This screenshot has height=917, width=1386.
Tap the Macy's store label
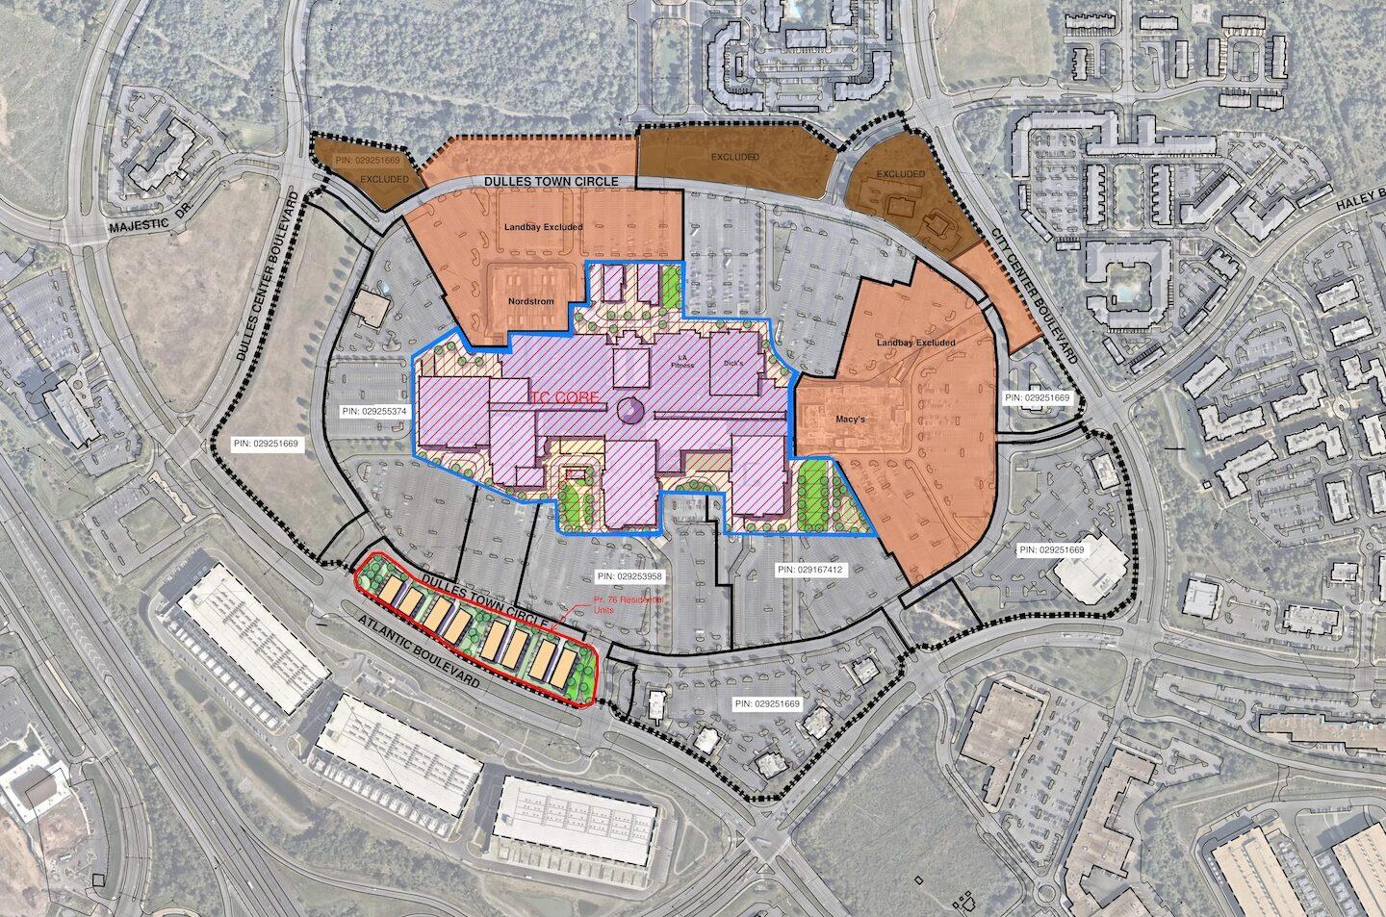(833, 420)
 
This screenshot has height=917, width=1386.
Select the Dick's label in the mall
(734, 364)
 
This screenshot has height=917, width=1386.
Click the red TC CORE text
(564, 396)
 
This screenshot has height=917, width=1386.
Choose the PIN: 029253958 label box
(631, 576)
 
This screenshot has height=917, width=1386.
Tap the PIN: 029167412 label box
(809, 570)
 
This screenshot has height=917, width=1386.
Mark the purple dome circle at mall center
(629, 409)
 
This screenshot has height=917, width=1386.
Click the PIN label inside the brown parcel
(369, 160)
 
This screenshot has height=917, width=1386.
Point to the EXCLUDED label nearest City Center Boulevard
(900, 174)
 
